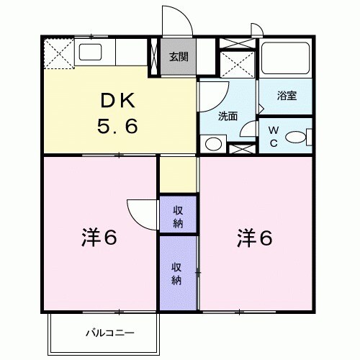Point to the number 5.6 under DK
click(117, 127)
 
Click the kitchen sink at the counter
click(91, 52)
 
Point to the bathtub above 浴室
click(285, 60)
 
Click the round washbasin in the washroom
click(213, 142)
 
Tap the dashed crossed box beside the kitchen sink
click(57, 53)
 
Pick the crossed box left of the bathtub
click(237, 57)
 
